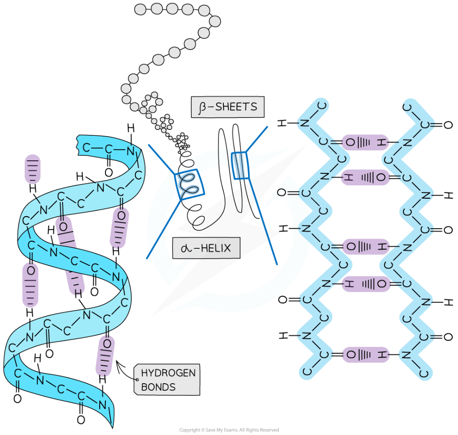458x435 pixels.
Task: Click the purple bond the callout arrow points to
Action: [x=105, y=355]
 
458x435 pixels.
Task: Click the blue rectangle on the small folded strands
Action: [x=239, y=165]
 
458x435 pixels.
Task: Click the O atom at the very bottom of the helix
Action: [x=81, y=420]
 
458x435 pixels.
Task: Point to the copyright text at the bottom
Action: [x=229, y=430]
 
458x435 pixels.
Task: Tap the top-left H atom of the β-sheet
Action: [x=282, y=122]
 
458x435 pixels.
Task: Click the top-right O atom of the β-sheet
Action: [x=448, y=125]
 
